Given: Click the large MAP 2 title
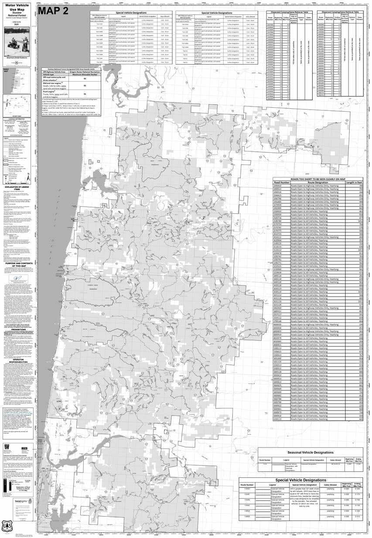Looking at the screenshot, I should pyautogui.click(x=53, y=12).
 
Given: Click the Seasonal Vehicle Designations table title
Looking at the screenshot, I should pyautogui.click(x=311, y=453).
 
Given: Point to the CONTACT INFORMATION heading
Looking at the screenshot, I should pyautogui.click(x=18, y=118).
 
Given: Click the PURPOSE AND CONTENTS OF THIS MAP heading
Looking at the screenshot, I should pyautogui.click(x=18, y=265).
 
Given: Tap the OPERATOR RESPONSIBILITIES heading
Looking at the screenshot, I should pyautogui.click(x=18, y=361).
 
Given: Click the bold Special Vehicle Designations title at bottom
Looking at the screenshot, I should pyautogui.click(x=311, y=480).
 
